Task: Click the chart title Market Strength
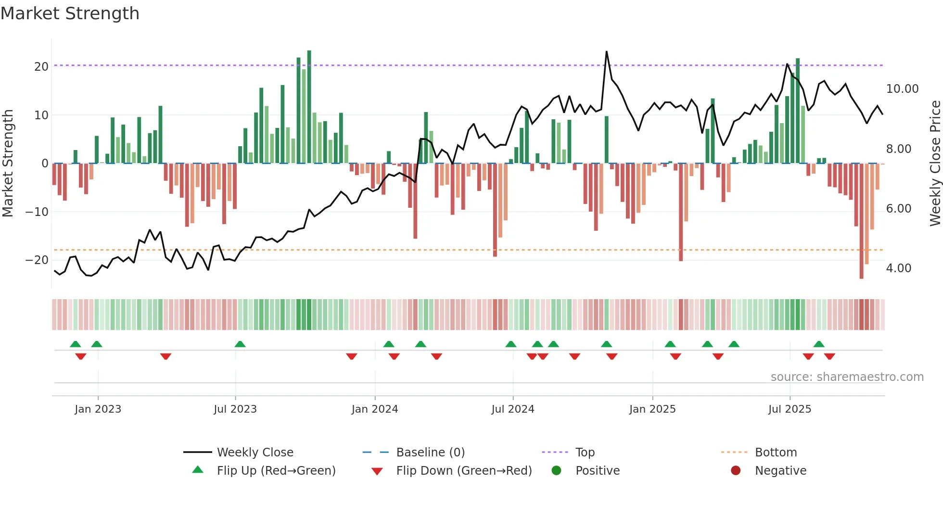pyautogui.click(x=70, y=13)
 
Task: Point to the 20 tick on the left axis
pyautogui.click(x=41, y=67)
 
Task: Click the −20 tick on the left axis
pyautogui.click(x=37, y=260)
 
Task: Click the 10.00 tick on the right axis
pyautogui.click(x=902, y=89)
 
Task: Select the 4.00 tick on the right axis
pyautogui.click(x=898, y=268)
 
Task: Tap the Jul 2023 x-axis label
pyautogui.click(x=235, y=409)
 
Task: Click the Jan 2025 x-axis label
pyautogui.click(x=652, y=409)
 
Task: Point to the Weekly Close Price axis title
pyautogui.click(x=935, y=164)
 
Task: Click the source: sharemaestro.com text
pyautogui.click(x=847, y=377)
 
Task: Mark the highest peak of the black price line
pyautogui.click(x=606, y=51)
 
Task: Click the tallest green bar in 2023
pyautogui.click(x=309, y=106)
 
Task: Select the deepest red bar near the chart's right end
pyautogui.click(x=861, y=221)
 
